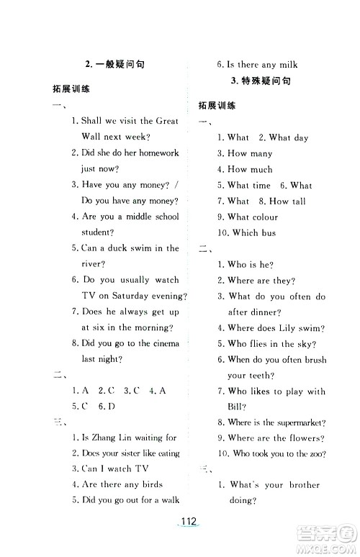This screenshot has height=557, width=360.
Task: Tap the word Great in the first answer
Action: (167, 121)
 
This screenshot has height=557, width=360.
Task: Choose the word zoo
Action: (314, 453)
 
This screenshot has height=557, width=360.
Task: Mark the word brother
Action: (305, 484)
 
